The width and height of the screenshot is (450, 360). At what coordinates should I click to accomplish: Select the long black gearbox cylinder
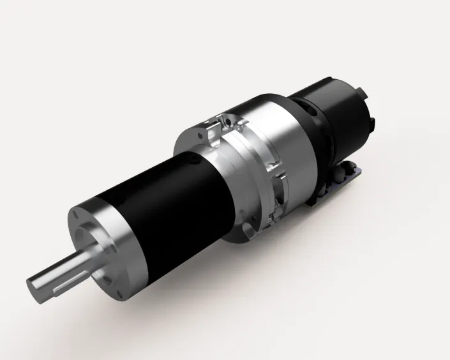[166, 198]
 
